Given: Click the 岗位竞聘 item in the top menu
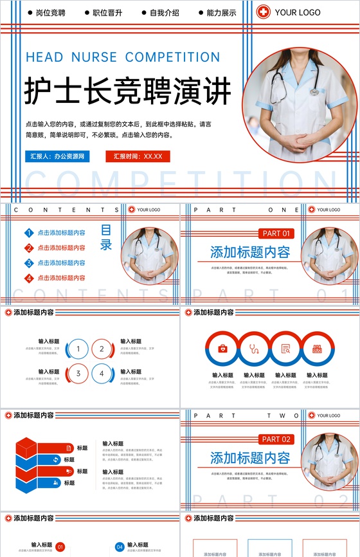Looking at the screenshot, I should click(50, 13).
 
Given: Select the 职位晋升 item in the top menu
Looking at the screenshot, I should click(107, 13).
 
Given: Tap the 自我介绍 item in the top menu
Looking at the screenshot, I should click(164, 13).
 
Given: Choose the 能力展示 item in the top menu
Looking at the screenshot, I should click(221, 13).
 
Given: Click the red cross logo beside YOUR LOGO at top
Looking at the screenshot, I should click(264, 12).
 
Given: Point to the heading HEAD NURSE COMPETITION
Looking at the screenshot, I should click(123, 57).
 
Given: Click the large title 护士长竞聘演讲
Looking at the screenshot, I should click(127, 91).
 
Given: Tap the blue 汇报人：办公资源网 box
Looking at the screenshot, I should click(57, 156).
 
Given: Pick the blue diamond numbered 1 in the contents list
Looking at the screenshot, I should click(29, 233).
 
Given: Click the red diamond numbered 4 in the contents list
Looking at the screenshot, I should click(29, 278).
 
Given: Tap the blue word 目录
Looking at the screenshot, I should click(106, 237).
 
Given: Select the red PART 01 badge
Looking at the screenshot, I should click(276, 233).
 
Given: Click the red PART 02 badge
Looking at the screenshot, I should click(276, 439).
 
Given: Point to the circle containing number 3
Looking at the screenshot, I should click(78, 373).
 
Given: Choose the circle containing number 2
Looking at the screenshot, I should click(102, 349).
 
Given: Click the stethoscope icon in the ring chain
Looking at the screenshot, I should click(254, 349).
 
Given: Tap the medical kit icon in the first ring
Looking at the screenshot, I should click(222, 349).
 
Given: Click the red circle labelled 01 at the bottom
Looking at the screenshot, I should click(60, 547).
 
